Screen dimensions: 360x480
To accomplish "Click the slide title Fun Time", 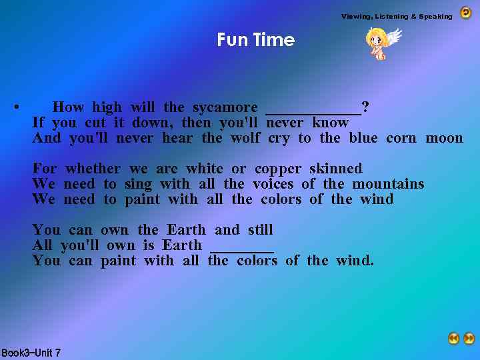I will tap(255, 40).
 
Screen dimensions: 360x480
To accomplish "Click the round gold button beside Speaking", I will tap(465, 13).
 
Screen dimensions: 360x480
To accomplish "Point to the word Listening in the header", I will tap(396, 16).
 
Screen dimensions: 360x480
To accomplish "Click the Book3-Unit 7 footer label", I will tap(31, 353).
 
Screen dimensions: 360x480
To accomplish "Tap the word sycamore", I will tap(225, 107).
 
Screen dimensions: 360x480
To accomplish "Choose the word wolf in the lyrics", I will tap(245, 138).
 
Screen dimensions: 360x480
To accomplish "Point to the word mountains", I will tap(388, 184).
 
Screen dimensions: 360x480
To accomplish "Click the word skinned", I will tap(336, 169).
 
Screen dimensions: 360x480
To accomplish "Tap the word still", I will tap(261, 230).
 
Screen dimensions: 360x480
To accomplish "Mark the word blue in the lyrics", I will tap(363, 138).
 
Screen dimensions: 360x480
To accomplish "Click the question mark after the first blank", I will tap(365, 107).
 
